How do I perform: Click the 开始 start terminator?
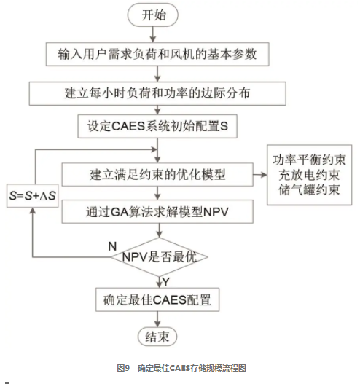click(153, 15)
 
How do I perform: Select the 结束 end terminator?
click(157, 337)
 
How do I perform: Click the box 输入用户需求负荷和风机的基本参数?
click(157, 54)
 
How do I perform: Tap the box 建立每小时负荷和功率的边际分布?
click(157, 93)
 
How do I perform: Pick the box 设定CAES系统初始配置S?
click(157, 126)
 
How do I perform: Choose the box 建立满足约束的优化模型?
click(157, 175)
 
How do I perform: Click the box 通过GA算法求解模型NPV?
click(157, 211)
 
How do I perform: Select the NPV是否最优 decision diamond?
click(159, 257)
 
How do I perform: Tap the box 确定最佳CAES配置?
click(157, 299)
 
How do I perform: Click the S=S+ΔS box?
click(33, 196)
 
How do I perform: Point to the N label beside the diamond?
click(112, 246)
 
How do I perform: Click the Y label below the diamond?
click(166, 282)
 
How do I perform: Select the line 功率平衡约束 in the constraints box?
click(309, 160)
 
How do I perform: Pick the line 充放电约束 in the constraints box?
click(309, 175)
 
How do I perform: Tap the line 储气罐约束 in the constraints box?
click(309, 189)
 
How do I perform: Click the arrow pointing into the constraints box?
click(260, 175)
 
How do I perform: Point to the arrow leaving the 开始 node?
click(153, 34)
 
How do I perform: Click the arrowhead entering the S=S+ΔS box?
click(33, 211)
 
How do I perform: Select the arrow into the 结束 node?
click(157, 319)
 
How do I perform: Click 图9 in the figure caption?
click(123, 368)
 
